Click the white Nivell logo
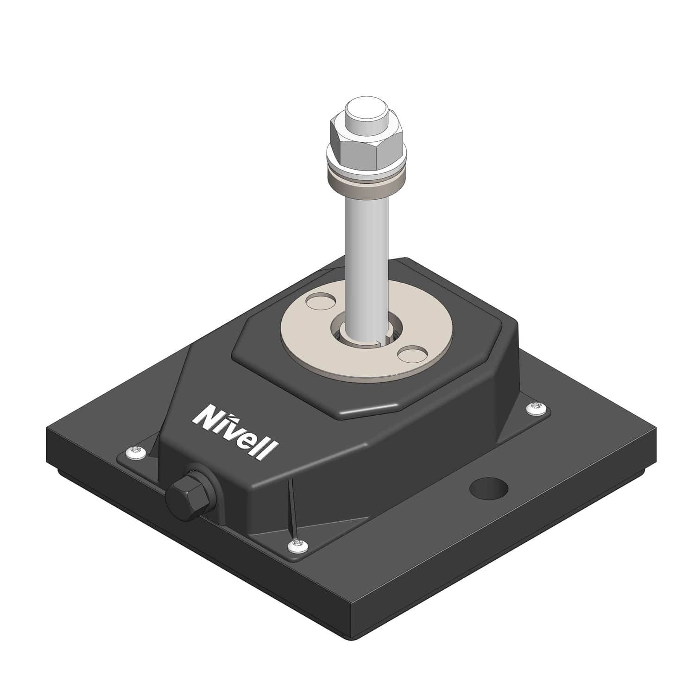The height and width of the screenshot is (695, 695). pyautogui.click(x=235, y=431)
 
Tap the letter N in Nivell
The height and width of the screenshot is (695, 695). pyautogui.click(x=204, y=415)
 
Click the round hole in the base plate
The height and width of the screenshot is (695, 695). pyautogui.click(x=489, y=488)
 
